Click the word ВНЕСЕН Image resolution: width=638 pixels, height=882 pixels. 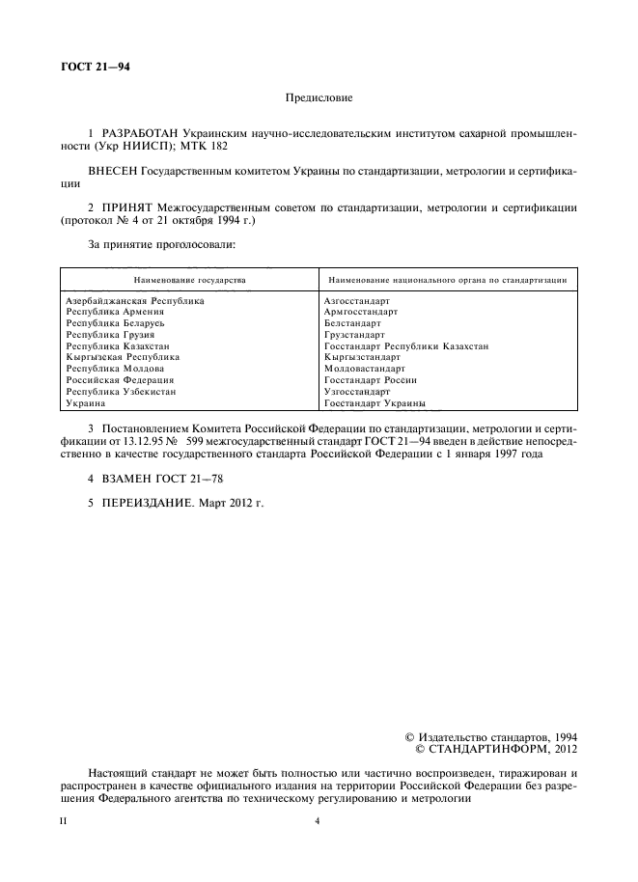pyautogui.click(x=114, y=171)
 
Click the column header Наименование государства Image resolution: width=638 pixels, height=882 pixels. pyautogui.click(x=189, y=279)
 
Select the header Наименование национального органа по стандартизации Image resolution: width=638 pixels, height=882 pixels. pyautogui.click(x=447, y=279)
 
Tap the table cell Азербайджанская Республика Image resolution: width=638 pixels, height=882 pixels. pyautogui.click(x=135, y=301)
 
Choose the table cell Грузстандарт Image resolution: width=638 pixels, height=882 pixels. pyautogui.click(x=355, y=335)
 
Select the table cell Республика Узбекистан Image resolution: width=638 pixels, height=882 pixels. pyautogui.click(x=120, y=392)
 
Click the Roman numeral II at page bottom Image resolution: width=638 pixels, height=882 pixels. pyautogui.click(x=65, y=821)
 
